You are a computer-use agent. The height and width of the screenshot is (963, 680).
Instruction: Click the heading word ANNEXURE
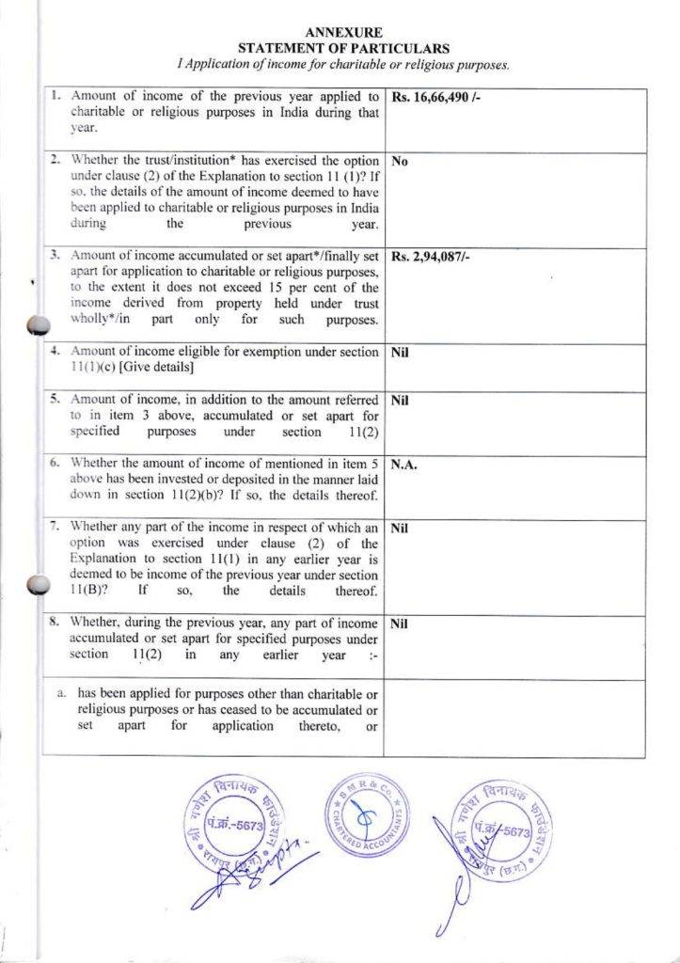(x=344, y=33)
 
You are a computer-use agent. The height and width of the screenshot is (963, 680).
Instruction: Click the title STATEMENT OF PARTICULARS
(x=344, y=48)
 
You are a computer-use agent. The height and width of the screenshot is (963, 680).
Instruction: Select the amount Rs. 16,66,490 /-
(x=435, y=97)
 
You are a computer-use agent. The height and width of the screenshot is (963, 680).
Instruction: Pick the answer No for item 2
(x=399, y=161)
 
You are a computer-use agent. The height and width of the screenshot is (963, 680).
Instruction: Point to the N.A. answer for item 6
(x=404, y=465)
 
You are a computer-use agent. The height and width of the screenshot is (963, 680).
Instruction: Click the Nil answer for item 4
(x=399, y=354)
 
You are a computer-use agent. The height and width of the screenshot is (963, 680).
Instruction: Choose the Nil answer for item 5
(x=399, y=401)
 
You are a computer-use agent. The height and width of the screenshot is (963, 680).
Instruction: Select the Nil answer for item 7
(x=399, y=529)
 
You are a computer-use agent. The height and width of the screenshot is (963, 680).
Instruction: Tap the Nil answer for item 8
(x=399, y=624)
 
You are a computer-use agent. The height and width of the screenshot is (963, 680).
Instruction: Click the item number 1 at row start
(x=55, y=96)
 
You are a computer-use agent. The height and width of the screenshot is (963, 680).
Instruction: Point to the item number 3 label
(x=55, y=256)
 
